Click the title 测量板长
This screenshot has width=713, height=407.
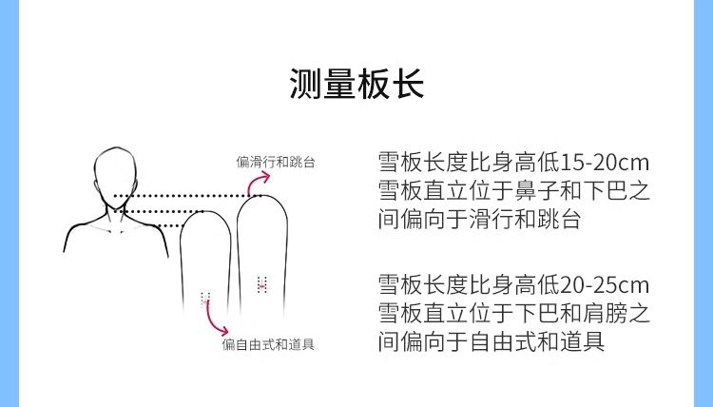356,84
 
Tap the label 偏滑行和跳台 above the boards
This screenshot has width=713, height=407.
276,162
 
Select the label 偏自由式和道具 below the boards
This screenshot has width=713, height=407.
268,344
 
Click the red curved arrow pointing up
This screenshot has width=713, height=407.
254,182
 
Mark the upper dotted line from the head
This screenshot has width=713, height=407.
181,197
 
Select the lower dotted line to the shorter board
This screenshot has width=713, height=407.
162,211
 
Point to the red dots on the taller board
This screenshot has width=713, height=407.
262,283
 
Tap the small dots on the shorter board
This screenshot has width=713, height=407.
204,297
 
